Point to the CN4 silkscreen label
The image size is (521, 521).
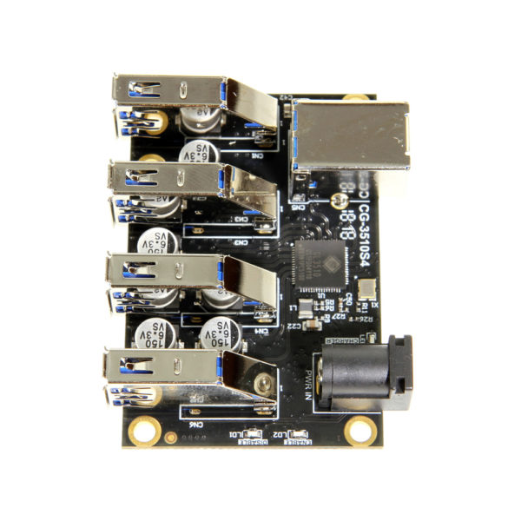260,331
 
